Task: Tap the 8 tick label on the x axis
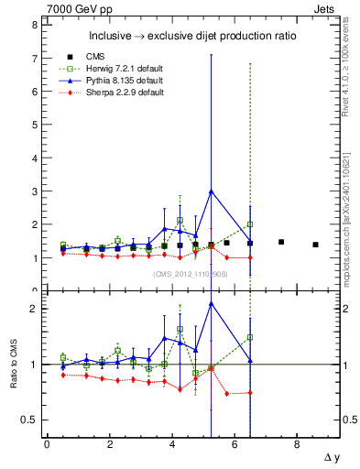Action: pyautogui.click(x=297, y=444)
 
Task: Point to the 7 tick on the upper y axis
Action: pyautogui.click(x=34, y=59)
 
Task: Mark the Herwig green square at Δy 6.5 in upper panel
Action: pyautogui.click(x=250, y=224)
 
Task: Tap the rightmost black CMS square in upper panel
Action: pyautogui.click(x=315, y=245)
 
